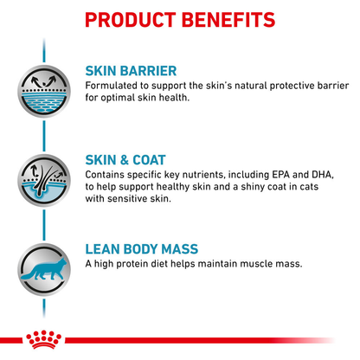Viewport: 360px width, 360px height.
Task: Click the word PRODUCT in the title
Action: point(132,18)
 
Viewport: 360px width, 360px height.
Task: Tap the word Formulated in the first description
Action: point(115,85)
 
